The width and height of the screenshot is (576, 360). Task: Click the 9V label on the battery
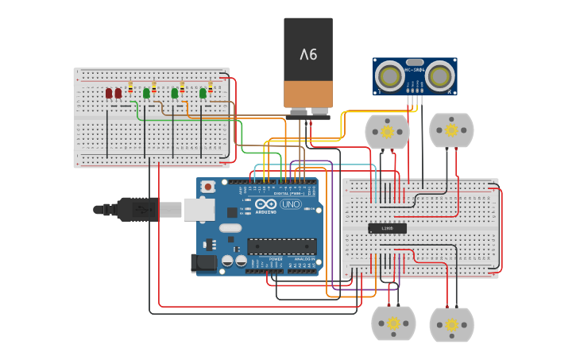[x=308, y=55]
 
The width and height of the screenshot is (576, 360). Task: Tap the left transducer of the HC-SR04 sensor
[x=389, y=75]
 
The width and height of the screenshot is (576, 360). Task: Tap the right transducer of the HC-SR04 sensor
[x=441, y=75]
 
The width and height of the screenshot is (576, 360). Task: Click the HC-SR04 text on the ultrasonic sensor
[x=415, y=70]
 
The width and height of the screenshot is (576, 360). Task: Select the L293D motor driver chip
[x=387, y=228]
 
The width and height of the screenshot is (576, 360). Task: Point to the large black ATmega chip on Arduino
[x=281, y=246]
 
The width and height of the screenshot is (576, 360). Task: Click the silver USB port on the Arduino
[x=199, y=209]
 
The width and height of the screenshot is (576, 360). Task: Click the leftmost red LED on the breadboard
[x=109, y=93]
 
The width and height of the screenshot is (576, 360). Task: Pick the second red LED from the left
[x=118, y=93]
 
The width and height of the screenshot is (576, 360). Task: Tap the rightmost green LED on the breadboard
[x=203, y=93]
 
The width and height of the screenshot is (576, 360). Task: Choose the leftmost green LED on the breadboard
[x=146, y=93]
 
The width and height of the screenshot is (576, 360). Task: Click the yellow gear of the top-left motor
[x=387, y=131]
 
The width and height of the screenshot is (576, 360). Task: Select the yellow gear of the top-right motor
[x=451, y=130]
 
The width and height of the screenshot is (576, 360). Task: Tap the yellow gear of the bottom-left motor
[x=392, y=323]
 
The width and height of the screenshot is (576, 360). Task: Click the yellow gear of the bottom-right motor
[x=451, y=324]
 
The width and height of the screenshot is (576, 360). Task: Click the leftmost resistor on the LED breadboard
[x=130, y=87]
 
